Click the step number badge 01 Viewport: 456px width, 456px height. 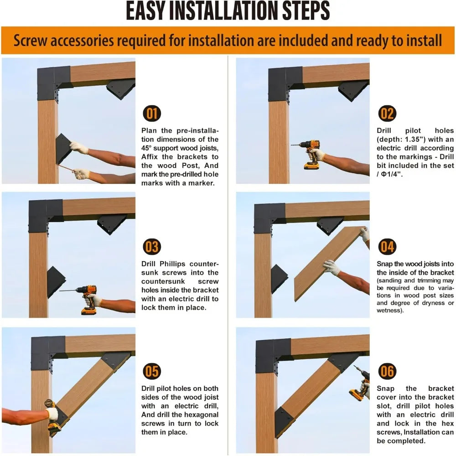coord(152,113)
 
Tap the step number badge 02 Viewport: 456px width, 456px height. coord(387,113)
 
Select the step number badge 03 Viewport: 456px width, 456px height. coord(152,247)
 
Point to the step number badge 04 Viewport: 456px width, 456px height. coord(387,247)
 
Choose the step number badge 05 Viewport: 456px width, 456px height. coord(152,371)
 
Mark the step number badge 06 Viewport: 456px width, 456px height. coord(387,371)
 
